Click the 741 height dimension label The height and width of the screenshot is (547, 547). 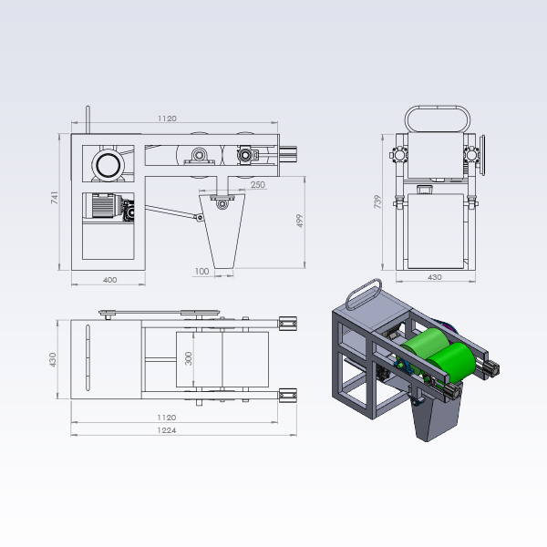click(x=55, y=198)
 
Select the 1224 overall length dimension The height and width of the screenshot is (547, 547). click(x=167, y=430)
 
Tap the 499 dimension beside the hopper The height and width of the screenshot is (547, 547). click(x=299, y=221)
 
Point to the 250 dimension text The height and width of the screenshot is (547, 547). click(x=258, y=184)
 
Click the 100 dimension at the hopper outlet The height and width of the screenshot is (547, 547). click(x=201, y=271)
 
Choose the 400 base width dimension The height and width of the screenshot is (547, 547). click(x=110, y=280)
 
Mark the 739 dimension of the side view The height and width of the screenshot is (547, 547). click(x=377, y=201)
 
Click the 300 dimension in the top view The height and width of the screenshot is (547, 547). click(x=189, y=358)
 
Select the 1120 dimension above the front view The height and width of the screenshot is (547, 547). click(x=167, y=119)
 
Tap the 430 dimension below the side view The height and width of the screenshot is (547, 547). click(x=435, y=277)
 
